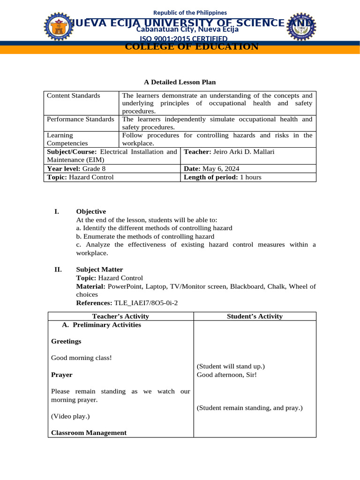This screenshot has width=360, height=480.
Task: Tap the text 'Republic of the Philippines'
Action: [x=190, y=13]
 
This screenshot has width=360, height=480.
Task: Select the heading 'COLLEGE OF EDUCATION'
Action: [x=192, y=46]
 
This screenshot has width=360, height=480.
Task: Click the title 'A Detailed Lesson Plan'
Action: [x=180, y=82]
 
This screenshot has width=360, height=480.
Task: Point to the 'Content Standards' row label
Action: [x=74, y=96]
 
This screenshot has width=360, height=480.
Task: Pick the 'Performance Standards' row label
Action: [x=80, y=119]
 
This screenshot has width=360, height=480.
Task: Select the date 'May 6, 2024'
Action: [x=219, y=168]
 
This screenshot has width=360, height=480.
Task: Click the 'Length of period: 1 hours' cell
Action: [x=223, y=177]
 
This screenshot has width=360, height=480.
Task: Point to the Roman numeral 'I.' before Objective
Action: [x=57, y=211]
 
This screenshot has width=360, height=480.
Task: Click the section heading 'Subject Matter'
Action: [x=99, y=270]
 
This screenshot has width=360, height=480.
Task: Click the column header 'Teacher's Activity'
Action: [x=120, y=316]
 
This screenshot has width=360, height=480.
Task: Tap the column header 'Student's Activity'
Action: [x=255, y=316]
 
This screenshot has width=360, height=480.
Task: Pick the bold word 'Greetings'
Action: [x=66, y=341]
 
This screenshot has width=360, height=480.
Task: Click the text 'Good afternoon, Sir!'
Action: [x=226, y=375]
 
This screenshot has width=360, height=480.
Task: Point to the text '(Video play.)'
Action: [x=70, y=416]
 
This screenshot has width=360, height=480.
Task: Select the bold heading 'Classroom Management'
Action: [x=89, y=433]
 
